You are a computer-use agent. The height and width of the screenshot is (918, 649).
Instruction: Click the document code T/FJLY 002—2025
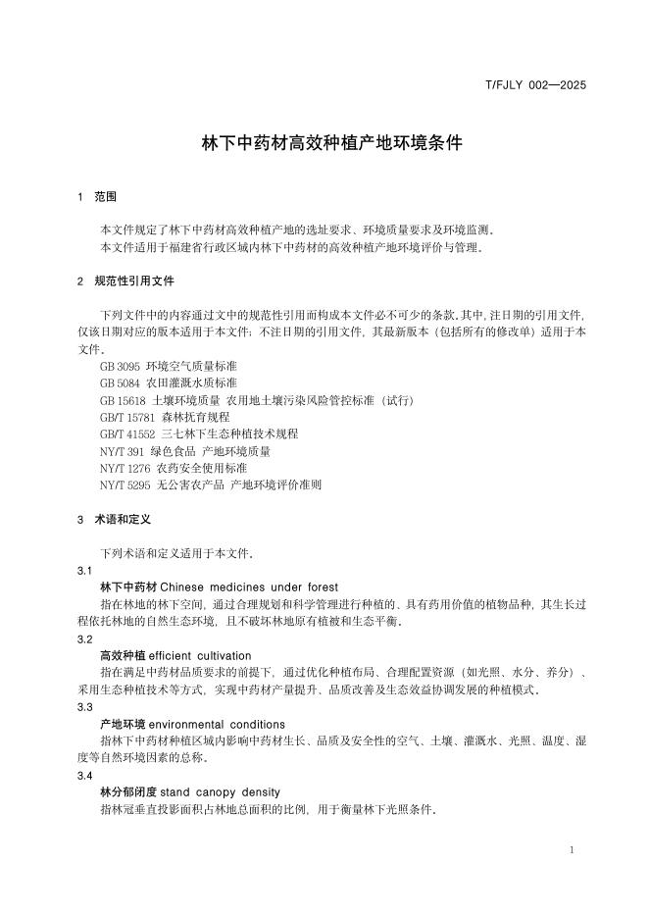pyautogui.click(x=535, y=85)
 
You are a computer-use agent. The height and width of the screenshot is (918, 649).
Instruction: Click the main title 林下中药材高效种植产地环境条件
pyautogui.click(x=331, y=142)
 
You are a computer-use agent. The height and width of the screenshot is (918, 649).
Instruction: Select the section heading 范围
pyautogui.click(x=105, y=197)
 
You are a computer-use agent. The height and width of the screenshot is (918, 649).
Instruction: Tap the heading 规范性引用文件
pyautogui.click(x=134, y=280)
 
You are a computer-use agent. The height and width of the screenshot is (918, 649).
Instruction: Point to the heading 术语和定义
pyautogui.click(x=123, y=519)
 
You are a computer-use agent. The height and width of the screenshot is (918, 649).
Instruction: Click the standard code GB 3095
pyautogui.click(x=120, y=366)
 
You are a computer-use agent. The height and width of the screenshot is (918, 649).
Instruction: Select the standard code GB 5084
pyautogui.click(x=120, y=382)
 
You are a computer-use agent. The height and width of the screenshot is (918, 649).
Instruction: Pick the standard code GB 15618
pyautogui.click(x=123, y=400)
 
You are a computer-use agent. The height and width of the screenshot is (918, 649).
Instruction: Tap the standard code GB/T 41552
pyautogui.click(x=127, y=434)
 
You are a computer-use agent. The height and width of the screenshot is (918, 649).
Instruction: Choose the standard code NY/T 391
pyautogui.click(x=122, y=452)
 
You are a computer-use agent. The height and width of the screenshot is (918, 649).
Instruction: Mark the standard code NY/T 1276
pyautogui.click(x=125, y=469)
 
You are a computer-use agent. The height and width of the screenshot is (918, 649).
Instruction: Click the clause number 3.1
pyautogui.click(x=84, y=570)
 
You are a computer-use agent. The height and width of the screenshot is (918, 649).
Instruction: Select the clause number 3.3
pyautogui.click(x=84, y=707)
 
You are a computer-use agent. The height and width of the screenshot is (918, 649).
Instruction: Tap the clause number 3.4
pyautogui.click(x=84, y=775)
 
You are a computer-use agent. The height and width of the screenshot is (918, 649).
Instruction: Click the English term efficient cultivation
pyautogui.click(x=200, y=655)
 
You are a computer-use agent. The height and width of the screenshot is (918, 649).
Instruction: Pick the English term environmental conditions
pyautogui.click(x=217, y=724)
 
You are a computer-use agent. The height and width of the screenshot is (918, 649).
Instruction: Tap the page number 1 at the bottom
pyautogui.click(x=571, y=849)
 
